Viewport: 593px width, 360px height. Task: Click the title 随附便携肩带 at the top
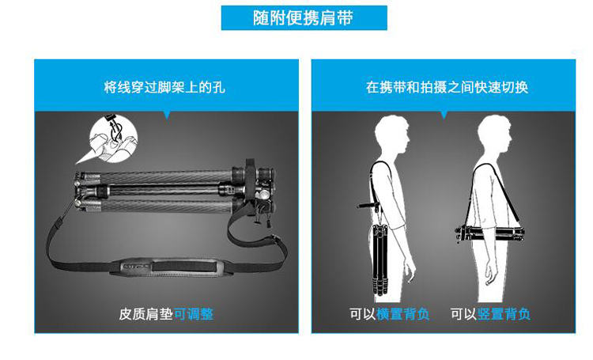click(x=304, y=17)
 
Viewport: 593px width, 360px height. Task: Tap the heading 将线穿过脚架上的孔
click(x=165, y=88)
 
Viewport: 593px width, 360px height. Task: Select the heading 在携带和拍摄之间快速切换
click(x=447, y=88)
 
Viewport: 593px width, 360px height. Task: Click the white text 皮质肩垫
click(x=146, y=314)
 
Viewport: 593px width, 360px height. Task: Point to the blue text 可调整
click(x=194, y=314)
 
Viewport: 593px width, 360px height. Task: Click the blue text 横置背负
click(x=403, y=314)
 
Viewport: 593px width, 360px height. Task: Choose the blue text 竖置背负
click(x=504, y=314)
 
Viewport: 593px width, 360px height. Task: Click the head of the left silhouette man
click(x=392, y=135)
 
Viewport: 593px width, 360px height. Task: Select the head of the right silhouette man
click(x=494, y=135)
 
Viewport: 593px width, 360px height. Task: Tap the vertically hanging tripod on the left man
click(x=380, y=260)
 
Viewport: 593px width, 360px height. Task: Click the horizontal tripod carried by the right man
click(x=489, y=233)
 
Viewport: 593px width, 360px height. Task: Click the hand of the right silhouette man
click(x=491, y=274)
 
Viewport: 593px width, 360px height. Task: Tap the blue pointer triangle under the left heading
click(x=167, y=115)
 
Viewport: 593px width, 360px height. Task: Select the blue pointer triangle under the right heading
click(x=444, y=115)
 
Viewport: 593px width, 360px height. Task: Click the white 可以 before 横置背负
click(x=363, y=314)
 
